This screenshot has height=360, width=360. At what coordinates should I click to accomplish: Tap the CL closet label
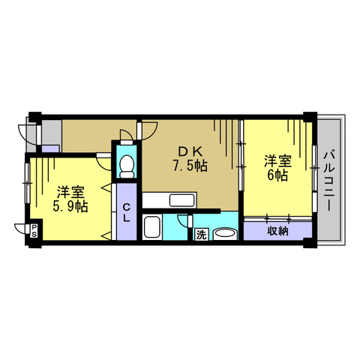tap(127, 213)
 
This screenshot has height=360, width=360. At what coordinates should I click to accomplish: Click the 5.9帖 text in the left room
tap(70, 205)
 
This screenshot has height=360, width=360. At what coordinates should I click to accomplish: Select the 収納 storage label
tap(277, 231)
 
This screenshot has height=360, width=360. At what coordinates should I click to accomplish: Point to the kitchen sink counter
tap(180, 200)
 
